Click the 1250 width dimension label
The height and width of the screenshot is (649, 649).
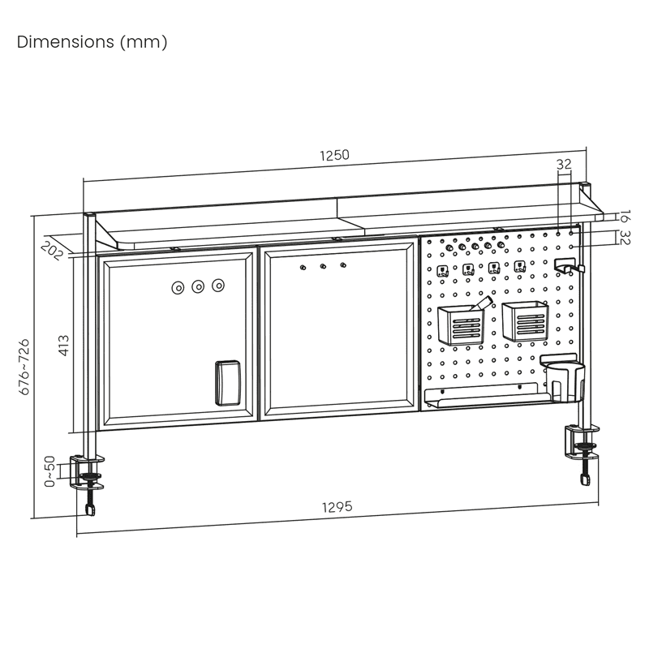334,155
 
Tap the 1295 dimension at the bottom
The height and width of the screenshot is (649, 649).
337,507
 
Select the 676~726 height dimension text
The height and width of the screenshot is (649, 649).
24,367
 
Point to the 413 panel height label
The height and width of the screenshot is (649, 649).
64,346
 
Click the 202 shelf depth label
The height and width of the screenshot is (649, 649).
52,251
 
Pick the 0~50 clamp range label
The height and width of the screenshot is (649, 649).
49,471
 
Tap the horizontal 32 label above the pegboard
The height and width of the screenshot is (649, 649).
564,165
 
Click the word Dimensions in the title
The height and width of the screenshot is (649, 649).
66,42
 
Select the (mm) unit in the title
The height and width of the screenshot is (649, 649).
144,42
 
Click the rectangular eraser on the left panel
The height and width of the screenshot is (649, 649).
228,383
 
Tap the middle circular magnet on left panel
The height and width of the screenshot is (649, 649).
198,286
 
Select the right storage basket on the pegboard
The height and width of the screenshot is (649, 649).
525,321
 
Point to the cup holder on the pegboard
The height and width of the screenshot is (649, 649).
563,379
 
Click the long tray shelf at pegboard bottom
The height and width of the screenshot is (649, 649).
487,396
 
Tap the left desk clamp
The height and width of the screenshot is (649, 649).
88,480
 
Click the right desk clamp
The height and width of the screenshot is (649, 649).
582,451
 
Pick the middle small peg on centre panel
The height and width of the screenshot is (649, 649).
323,266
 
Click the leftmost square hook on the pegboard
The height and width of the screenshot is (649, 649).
442,271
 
